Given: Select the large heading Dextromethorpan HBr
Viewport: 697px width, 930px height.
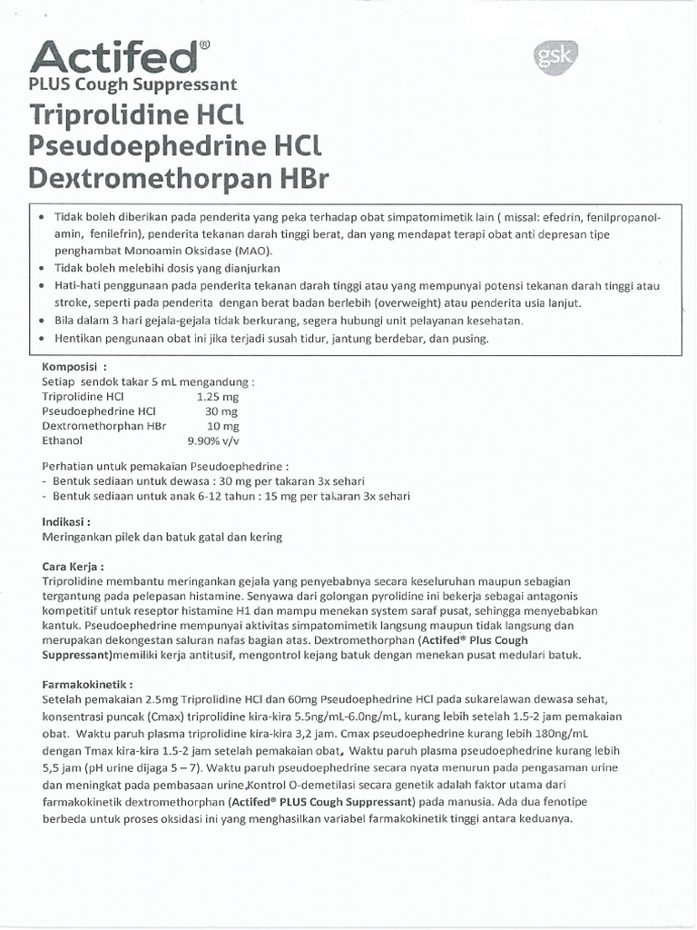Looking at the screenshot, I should coord(179,176).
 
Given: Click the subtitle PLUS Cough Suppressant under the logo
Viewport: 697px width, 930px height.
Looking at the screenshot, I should coord(133,84).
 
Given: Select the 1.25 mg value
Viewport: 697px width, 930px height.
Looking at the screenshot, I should coord(218,397).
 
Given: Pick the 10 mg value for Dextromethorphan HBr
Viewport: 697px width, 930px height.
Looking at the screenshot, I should coord(222,426).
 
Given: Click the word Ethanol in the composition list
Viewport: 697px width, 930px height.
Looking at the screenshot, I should coord(62,440).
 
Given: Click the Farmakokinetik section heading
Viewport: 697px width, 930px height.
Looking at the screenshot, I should coord(87,682).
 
